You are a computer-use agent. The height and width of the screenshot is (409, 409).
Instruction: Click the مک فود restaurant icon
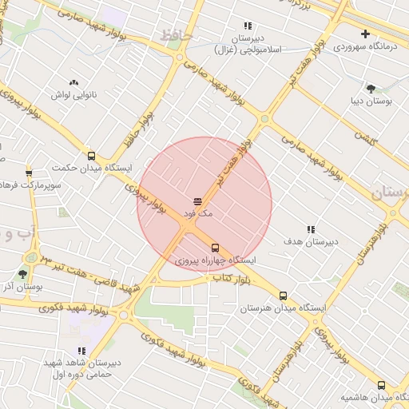point(197,201)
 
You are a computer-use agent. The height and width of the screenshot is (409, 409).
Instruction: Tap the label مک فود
point(197,213)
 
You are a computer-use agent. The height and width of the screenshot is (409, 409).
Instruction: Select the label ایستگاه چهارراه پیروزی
point(216,260)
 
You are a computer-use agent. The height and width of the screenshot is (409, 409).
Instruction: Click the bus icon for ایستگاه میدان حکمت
point(91,157)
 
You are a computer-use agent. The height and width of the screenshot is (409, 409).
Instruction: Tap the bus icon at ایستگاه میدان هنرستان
point(283,296)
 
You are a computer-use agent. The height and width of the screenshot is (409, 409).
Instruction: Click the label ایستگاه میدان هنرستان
point(276,308)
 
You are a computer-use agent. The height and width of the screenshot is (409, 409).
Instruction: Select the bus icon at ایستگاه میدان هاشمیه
point(381,385)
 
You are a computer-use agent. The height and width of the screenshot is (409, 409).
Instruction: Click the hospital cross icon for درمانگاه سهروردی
point(365,34)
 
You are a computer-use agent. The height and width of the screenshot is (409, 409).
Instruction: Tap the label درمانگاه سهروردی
point(365,46)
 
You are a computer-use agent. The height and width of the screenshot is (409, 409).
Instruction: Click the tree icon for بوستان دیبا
point(370,89)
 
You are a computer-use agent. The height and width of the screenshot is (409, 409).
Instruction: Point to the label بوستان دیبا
point(369,101)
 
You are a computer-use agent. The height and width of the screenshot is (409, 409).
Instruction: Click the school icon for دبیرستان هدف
point(311,228)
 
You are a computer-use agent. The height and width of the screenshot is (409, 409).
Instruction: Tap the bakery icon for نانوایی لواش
point(74,82)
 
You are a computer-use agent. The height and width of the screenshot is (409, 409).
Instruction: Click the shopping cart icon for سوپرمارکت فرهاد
point(30,172)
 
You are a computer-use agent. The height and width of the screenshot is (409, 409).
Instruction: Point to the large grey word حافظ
point(175,35)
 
